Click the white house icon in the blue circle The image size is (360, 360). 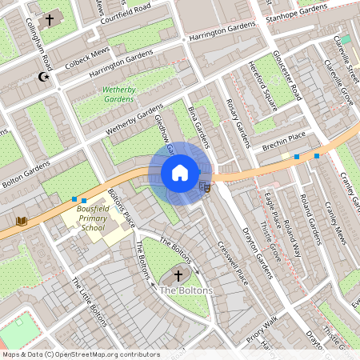pos(180,173)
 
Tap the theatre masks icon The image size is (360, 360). pos(204,186)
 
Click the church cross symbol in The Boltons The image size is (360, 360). pos(178,275)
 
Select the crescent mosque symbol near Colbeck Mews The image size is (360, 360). pos(43,77)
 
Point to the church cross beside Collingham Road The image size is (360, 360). pos(50,18)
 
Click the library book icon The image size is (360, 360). pos(21,220)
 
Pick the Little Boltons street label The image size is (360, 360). pos(89,303)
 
